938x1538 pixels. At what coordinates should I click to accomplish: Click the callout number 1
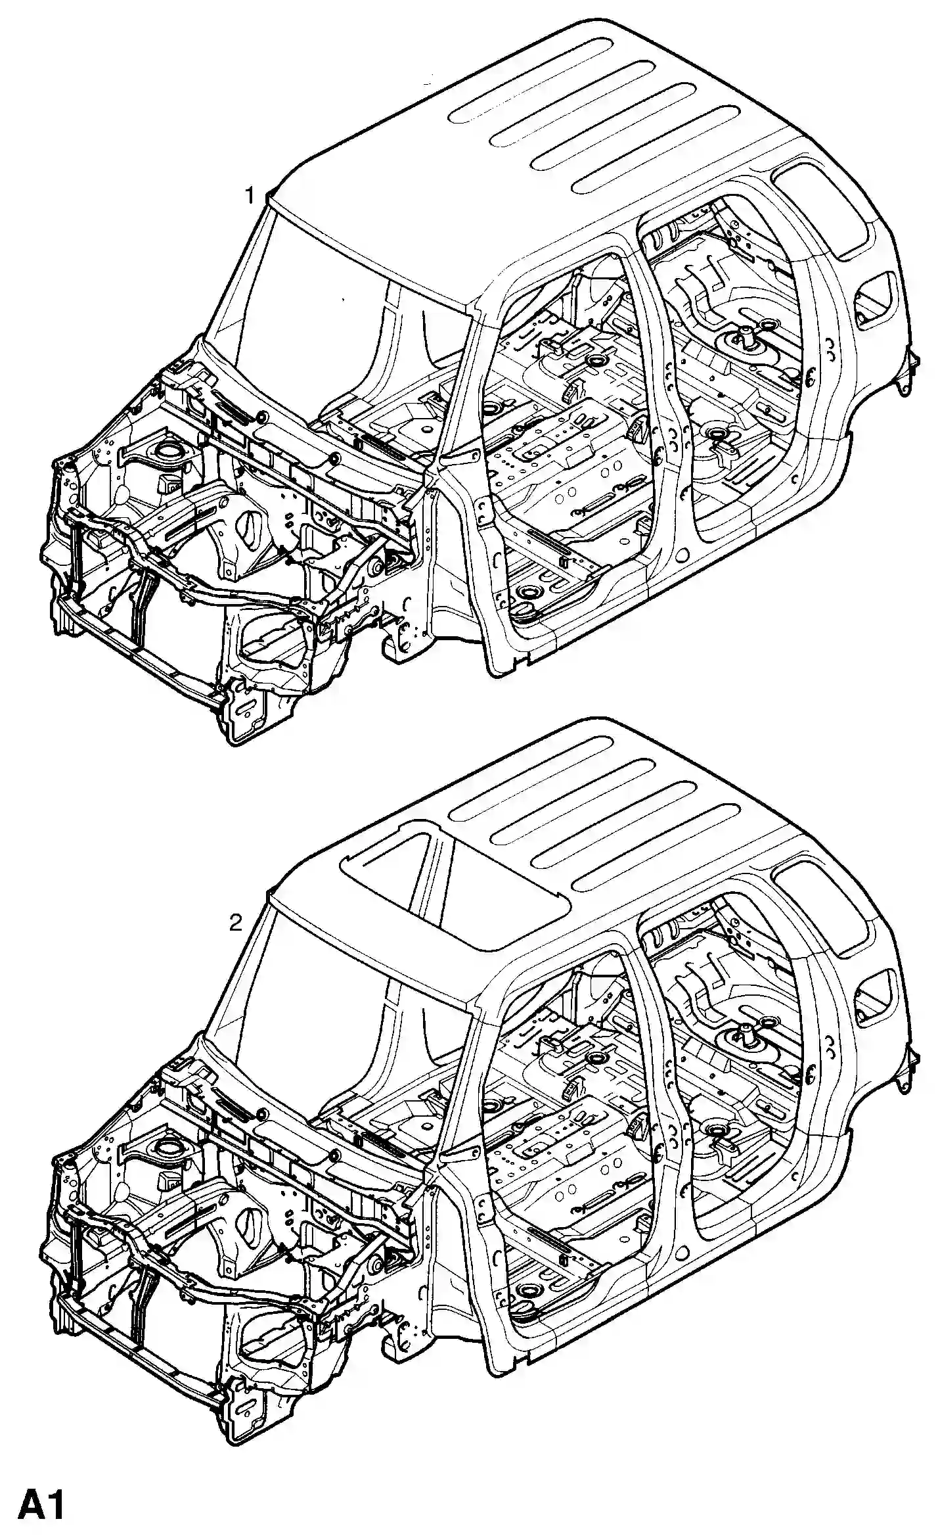[x=250, y=195]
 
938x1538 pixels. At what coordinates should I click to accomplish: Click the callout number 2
[x=236, y=923]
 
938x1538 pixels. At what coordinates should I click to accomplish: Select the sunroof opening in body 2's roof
[x=453, y=881]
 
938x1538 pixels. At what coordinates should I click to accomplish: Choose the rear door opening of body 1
[x=736, y=368]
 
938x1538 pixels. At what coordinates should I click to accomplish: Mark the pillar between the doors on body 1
[x=663, y=408]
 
